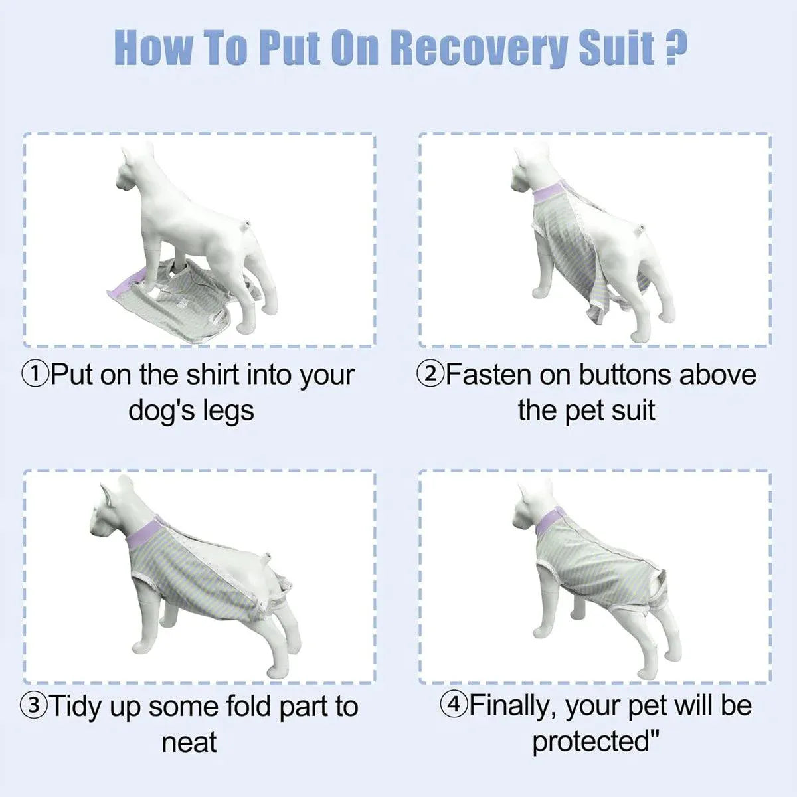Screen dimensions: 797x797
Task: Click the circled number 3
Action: click(35, 706)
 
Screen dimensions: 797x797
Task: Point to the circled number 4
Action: click(454, 705)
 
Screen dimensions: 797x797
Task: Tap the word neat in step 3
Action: click(189, 743)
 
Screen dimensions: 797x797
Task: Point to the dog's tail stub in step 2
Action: click(642, 228)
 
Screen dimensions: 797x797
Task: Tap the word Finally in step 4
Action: click(513, 706)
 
